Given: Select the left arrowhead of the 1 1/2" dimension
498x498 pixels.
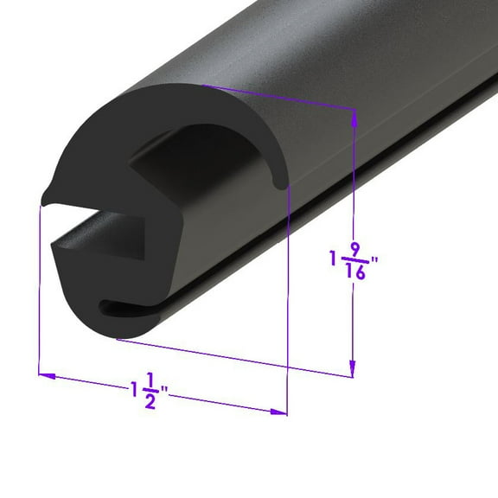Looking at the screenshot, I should point(46,376).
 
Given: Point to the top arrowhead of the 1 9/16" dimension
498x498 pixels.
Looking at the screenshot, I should point(353,116).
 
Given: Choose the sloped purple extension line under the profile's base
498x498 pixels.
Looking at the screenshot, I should point(233,358).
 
